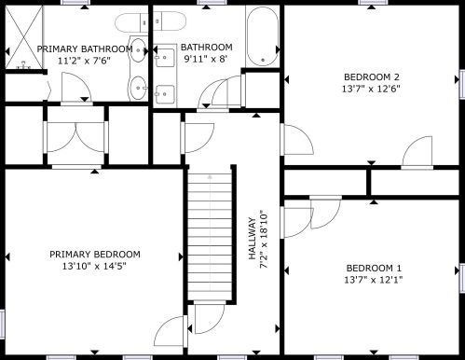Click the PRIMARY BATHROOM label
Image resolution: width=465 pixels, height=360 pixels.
pyautogui.click(x=85, y=49)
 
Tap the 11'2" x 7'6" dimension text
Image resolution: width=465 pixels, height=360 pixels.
pyautogui.click(x=84, y=61)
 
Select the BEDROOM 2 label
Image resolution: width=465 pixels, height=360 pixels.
pyautogui.click(x=372, y=76)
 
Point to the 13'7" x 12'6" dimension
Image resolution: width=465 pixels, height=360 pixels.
pyautogui.click(x=371, y=89)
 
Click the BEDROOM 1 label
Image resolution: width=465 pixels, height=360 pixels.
pyautogui.click(x=374, y=268)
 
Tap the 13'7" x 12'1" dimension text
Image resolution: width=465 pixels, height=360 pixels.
pyautogui.click(x=374, y=280)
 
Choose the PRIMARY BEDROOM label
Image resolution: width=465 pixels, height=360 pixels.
pyautogui.click(x=95, y=255)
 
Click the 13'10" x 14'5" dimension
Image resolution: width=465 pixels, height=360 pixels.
pyautogui.click(x=94, y=267)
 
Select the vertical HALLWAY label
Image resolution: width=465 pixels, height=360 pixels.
pyautogui.click(x=253, y=239)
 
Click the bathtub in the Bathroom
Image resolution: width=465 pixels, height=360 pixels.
pyautogui.click(x=263, y=36)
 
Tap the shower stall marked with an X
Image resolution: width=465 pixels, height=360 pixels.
pyautogui.click(x=24, y=37)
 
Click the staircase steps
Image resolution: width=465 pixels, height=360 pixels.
pyautogui.click(x=210, y=236)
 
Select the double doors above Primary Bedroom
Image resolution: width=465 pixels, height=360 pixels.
pyautogui.click(x=75, y=137)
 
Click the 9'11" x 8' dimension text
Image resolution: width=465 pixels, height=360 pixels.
pyautogui.click(x=206, y=59)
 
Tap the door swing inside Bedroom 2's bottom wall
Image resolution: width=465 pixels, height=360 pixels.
pyautogui.click(x=417, y=151)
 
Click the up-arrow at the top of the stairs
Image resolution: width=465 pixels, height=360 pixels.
pyautogui.click(x=210, y=177)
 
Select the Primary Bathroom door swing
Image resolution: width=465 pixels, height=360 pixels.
pyautogui.click(x=76, y=87)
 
